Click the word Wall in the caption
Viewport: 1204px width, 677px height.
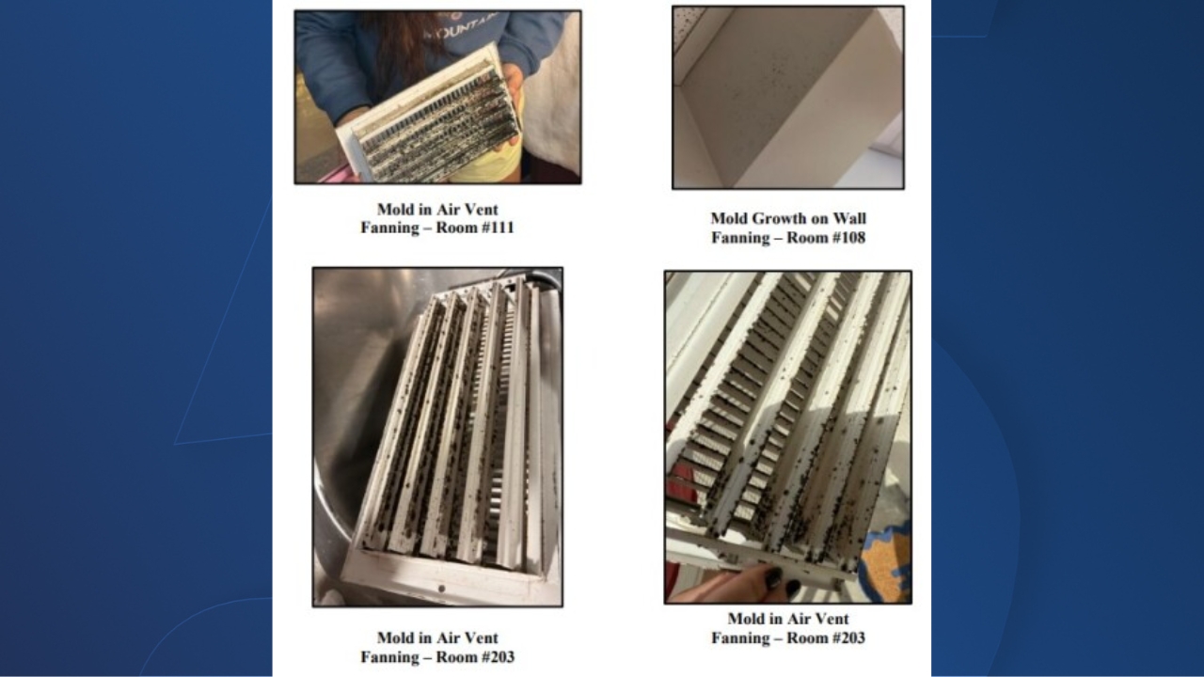click(x=849, y=219)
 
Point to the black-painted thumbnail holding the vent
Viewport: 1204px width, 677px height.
click(x=773, y=578)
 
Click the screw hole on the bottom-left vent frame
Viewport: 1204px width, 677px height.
click(x=441, y=589)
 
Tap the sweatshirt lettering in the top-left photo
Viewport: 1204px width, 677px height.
click(x=461, y=25)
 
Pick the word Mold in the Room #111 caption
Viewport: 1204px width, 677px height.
click(x=395, y=210)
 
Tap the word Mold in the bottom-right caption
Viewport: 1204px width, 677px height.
click(x=746, y=620)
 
